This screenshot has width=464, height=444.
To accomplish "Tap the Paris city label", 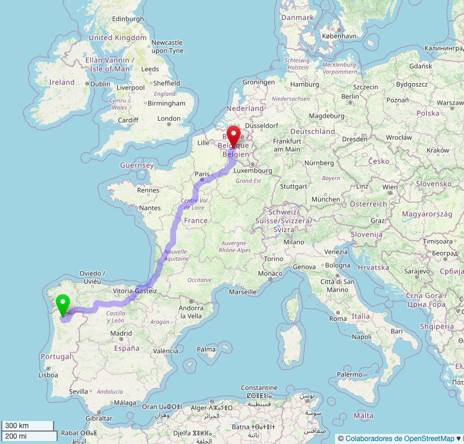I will [x=203, y=174].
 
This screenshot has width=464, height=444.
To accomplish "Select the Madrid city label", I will [x=121, y=333].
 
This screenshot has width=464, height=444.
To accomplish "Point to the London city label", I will [x=169, y=119].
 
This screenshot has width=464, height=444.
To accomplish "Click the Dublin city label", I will [x=100, y=84].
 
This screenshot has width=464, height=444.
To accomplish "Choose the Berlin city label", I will [x=350, y=97].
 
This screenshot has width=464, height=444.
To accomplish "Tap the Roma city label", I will [x=338, y=319].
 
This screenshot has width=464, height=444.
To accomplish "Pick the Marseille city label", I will [x=243, y=291].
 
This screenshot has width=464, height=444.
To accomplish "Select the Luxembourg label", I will [x=253, y=171].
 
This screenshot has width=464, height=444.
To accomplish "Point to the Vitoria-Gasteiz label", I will [x=135, y=291].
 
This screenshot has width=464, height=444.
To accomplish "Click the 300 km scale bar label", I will [x=16, y=426].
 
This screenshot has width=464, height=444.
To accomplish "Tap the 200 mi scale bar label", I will [x=16, y=436].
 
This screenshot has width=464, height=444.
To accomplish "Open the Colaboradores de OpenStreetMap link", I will [x=400, y=439].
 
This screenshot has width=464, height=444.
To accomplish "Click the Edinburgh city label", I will [x=128, y=19].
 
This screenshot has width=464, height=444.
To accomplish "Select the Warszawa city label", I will [x=450, y=102].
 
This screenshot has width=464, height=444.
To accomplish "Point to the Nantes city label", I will [x=150, y=208].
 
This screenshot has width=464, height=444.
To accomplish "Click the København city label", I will [x=339, y=36].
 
